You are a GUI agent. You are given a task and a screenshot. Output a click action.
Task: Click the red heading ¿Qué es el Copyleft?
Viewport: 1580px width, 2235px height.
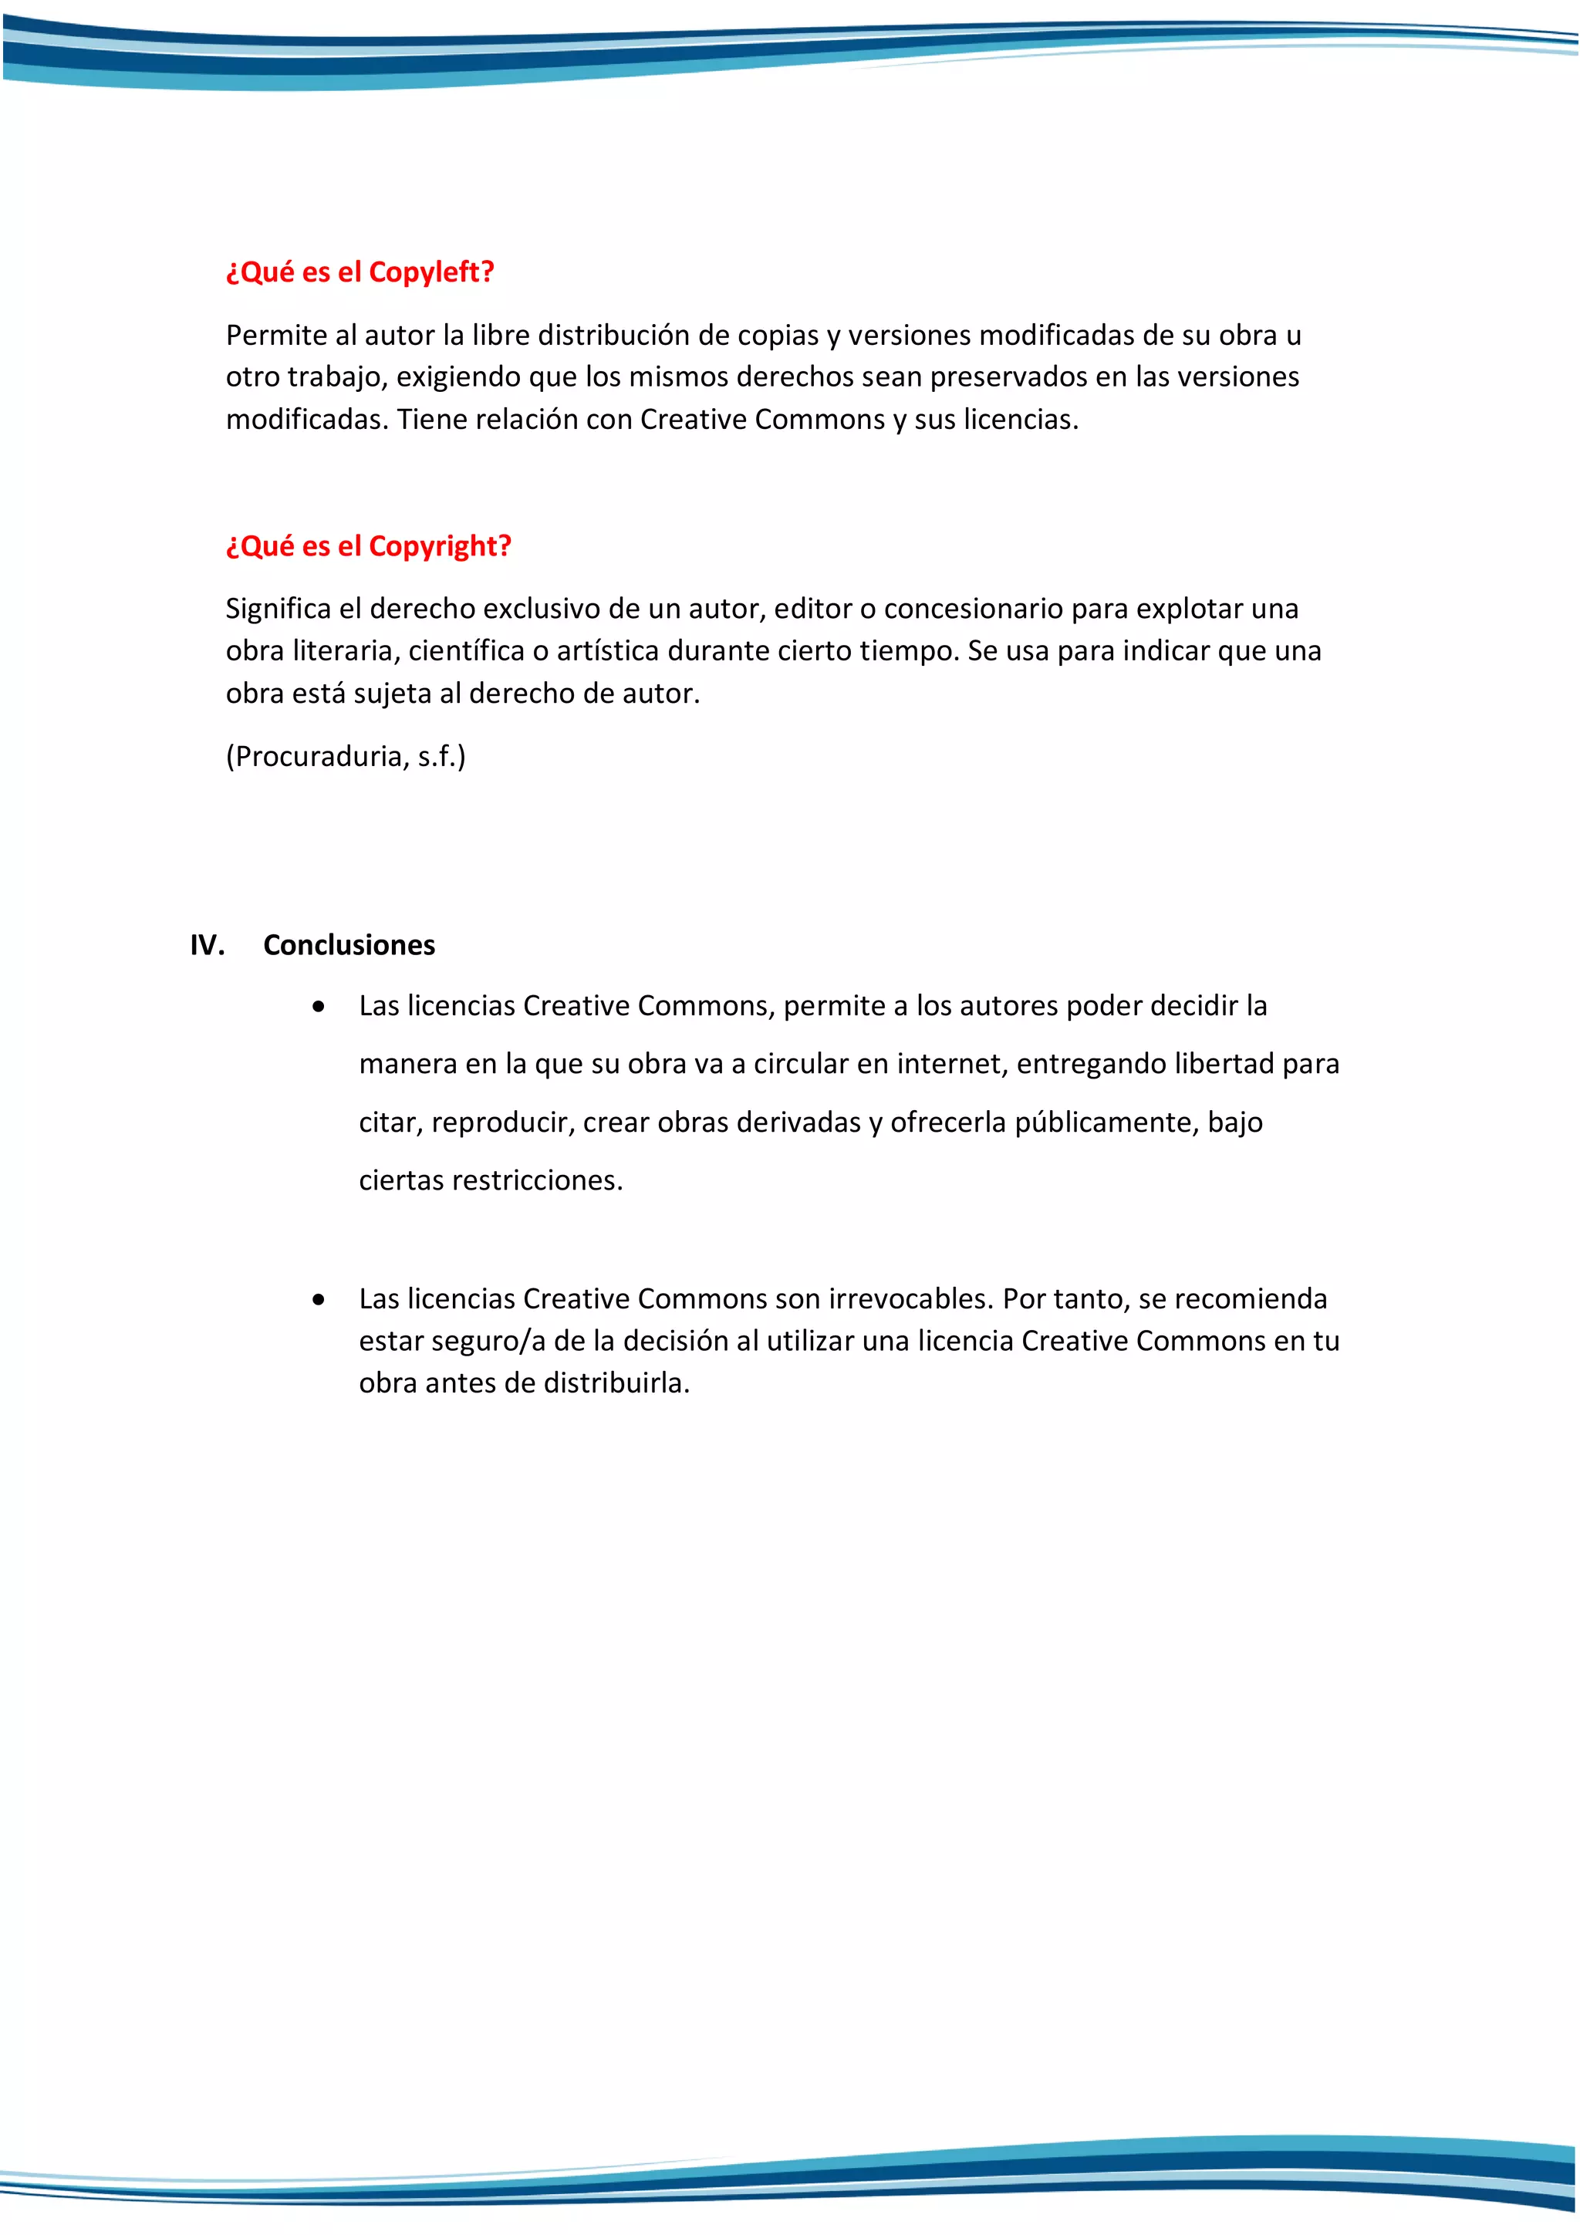pyautogui.click(x=360, y=272)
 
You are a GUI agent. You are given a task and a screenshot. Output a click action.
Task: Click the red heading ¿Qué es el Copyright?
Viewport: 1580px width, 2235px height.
pyautogui.click(x=368, y=546)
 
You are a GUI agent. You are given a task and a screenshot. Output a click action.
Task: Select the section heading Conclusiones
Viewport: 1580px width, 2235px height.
pyautogui.click(x=349, y=945)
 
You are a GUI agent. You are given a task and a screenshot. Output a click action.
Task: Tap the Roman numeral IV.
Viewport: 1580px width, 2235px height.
pyautogui.click(x=208, y=945)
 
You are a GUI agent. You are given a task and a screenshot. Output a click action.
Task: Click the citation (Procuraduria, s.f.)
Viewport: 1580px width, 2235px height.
pyautogui.click(x=346, y=756)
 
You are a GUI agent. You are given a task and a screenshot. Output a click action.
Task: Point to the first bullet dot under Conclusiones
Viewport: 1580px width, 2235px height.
pyautogui.click(x=319, y=1008)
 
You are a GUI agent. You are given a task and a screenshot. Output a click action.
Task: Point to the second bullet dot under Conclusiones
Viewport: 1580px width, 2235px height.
pyautogui.click(x=319, y=1299)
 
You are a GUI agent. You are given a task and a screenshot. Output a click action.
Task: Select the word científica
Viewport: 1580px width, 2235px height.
pyautogui.click(x=465, y=651)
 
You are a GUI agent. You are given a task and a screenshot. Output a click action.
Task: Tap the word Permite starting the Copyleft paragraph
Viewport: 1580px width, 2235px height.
pyautogui.click(x=275, y=336)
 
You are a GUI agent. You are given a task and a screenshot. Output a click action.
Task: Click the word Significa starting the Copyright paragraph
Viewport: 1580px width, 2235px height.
pyautogui.click(x=278, y=609)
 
